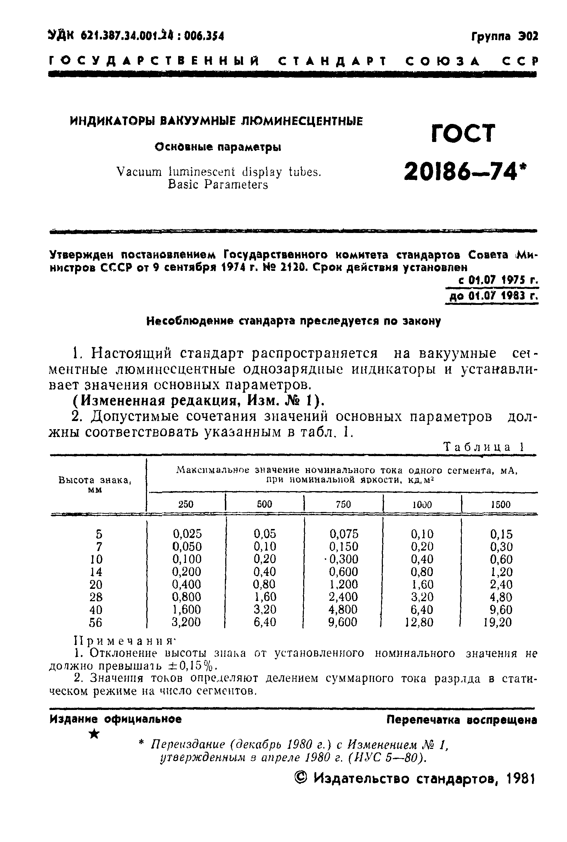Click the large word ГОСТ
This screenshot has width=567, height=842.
(463, 133)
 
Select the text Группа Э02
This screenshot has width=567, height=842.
(504, 36)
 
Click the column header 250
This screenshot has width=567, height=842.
(186, 504)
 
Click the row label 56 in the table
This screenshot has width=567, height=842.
(96, 622)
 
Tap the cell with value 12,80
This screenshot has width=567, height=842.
(419, 622)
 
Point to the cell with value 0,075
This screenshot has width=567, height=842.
(344, 534)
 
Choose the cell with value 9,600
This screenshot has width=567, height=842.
(343, 622)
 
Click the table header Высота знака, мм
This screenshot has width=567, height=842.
(95, 484)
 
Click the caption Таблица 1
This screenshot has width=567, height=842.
(483, 447)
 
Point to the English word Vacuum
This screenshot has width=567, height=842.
(139, 172)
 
